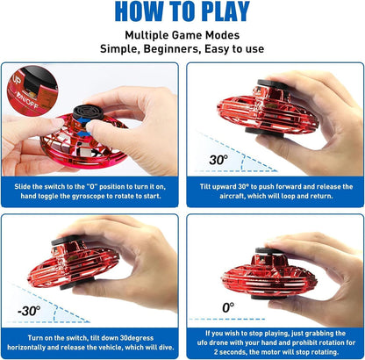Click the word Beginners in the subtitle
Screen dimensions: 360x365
tap(178, 48)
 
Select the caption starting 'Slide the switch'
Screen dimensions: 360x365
tap(91, 191)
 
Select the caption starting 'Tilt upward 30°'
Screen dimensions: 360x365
tap(274, 191)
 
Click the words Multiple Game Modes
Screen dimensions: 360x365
tap(182, 33)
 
